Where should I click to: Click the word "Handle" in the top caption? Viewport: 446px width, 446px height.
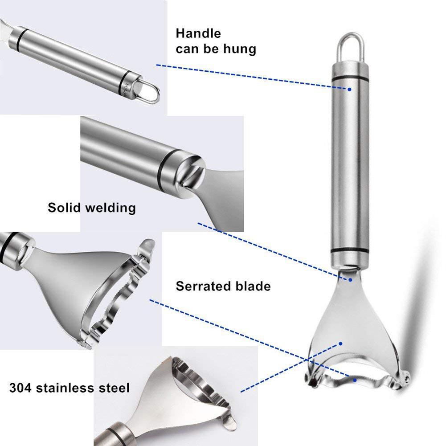click(198, 33)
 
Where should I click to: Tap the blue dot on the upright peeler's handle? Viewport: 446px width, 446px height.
click(350, 89)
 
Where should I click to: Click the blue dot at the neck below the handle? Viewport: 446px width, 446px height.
click(351, 280)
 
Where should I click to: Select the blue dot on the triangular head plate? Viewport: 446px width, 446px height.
click(341, 344)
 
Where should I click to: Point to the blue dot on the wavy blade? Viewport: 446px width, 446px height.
click(355, 380)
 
